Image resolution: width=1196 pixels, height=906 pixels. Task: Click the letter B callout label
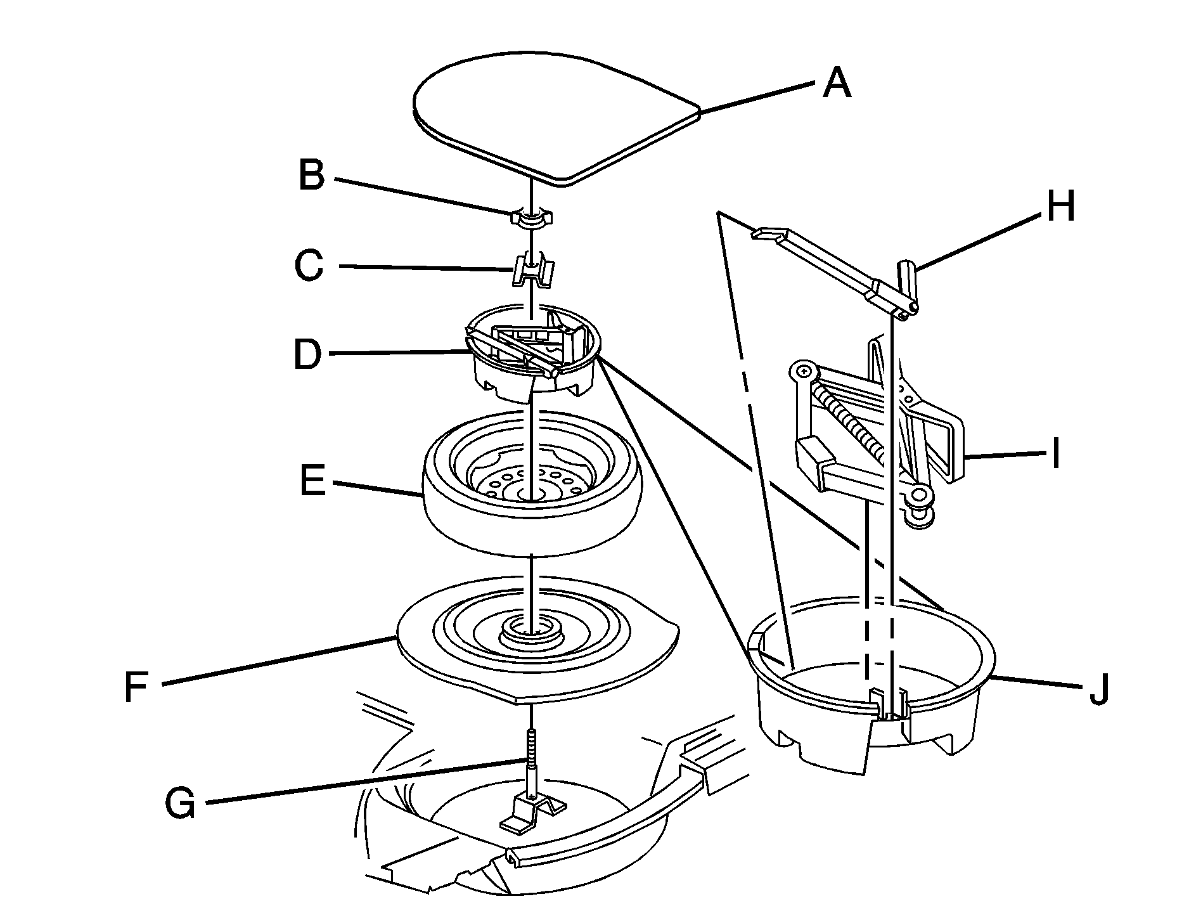(311, 176)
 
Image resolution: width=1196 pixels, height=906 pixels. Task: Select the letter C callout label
(309, 265)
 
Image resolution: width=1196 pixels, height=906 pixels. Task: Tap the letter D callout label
(308, 355)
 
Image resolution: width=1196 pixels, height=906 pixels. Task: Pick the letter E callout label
(312, 481)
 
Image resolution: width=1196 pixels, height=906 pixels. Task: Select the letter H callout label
(1060, 207)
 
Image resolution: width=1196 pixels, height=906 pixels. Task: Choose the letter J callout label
(1098, 689)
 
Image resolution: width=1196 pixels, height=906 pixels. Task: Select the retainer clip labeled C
(532, 270)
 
